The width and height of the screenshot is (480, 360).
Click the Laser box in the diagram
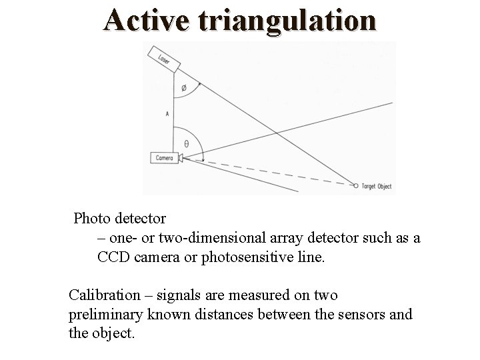coord(163,59)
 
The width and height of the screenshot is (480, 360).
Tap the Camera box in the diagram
coord(164,158)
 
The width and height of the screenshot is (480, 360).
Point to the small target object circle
coord(356,186)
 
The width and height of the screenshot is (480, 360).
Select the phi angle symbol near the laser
coord(185,88)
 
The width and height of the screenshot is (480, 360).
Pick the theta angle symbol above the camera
coord(186,143)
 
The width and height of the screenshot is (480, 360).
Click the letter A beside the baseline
coord(167,114)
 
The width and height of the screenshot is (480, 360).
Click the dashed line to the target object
coord(267,171)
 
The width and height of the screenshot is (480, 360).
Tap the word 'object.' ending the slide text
coord(112,333)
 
